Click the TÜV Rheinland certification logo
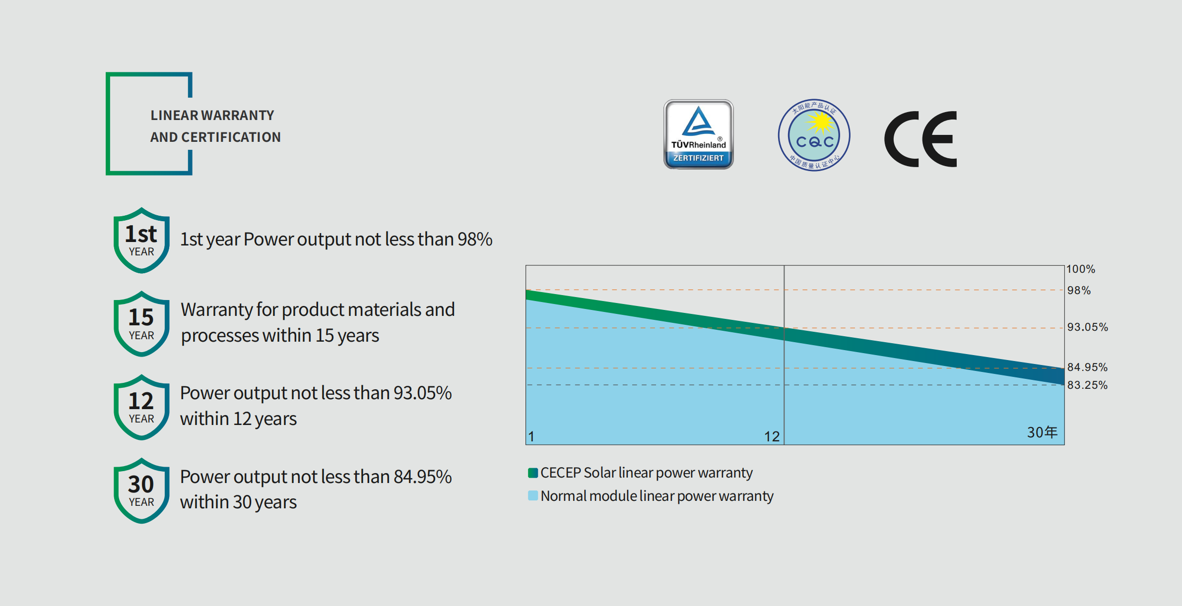click(698, 134)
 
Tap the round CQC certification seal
click(814, 135)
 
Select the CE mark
click(920, 139)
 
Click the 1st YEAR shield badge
click(141, 241)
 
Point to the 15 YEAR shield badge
click(141, 324)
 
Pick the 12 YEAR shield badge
click(141, 407)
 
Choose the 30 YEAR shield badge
click(141, 491)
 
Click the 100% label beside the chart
click(1081, 269)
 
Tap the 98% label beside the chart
click(1079, 290)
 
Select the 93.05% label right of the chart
click(1088, 327)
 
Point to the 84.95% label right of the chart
click(1088, 367)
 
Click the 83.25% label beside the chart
click(1088, 385)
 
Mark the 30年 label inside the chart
click(1043, 432)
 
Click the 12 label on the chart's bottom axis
click(772, 436)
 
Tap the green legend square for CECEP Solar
click(533, 473)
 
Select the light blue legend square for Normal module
click(533, 495)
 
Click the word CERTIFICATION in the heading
click(231, 137)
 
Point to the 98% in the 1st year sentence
click(475, 239)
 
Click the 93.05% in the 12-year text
click(423, 393)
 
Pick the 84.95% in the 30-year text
click(423, 477)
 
